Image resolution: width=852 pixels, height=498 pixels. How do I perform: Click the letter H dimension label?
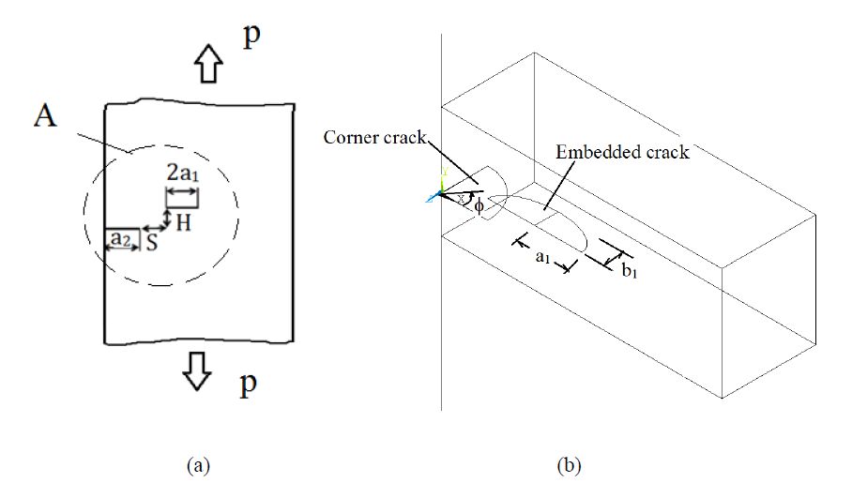(x=185, y=223)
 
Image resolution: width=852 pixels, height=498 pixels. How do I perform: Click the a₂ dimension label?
(x=120, y=240)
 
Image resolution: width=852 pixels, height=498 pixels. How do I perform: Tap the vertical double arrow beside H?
(x=167, y=219)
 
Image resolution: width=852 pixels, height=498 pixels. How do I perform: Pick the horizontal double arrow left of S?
(x=153, y=229)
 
